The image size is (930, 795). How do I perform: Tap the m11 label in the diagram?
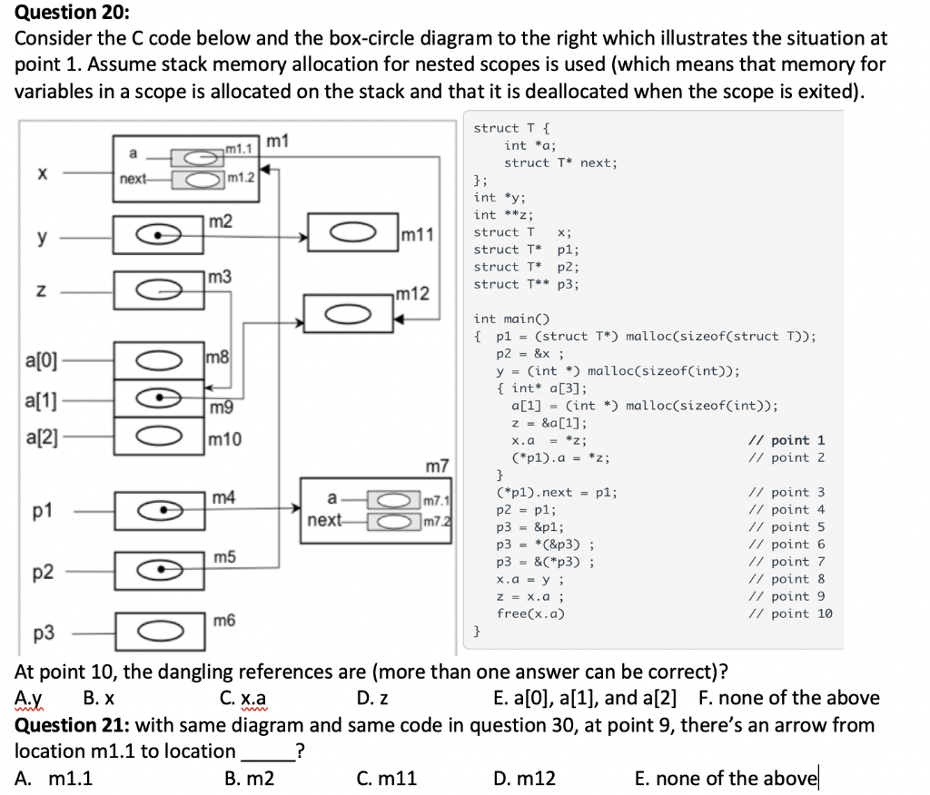[417, 236]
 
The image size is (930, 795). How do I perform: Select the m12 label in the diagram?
[413, 294]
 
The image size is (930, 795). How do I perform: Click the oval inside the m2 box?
[159, 234]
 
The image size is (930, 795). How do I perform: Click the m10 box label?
[224, 440]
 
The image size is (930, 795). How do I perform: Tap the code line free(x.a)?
[531, 613]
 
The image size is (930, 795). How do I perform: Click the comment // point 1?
[786, 440]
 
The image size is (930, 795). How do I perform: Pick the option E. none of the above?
[727, 778]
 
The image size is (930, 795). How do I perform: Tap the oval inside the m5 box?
[159, 570]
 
